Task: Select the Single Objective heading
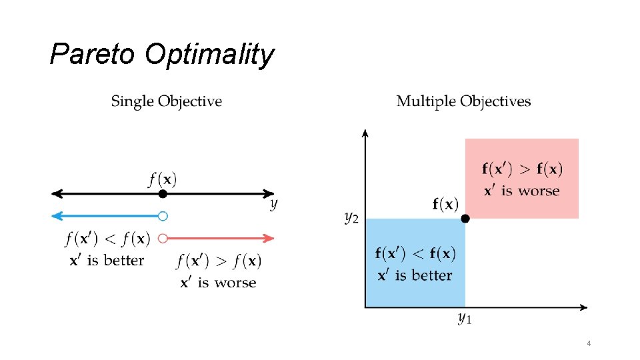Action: coord(166,101)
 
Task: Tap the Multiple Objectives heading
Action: coord(463,101)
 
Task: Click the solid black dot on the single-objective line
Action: coord(163,194)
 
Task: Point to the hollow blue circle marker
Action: coord(163,215)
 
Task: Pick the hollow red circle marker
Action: coord(163,237)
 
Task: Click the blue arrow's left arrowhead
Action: coord(56,215)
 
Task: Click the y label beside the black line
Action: coord(273,204)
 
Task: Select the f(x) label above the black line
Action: coord(163,179)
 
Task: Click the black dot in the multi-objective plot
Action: coord(465,218)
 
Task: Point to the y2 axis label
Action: coord(352,217)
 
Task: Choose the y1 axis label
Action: coord(465,319)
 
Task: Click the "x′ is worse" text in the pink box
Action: coord(521,191)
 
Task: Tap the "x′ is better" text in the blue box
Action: coord(414,275)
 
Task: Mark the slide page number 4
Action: coord(589,343)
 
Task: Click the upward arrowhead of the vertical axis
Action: coord(365,133)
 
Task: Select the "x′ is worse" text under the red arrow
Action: coord(218,283)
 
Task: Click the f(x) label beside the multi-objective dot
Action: coord(445,204)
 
